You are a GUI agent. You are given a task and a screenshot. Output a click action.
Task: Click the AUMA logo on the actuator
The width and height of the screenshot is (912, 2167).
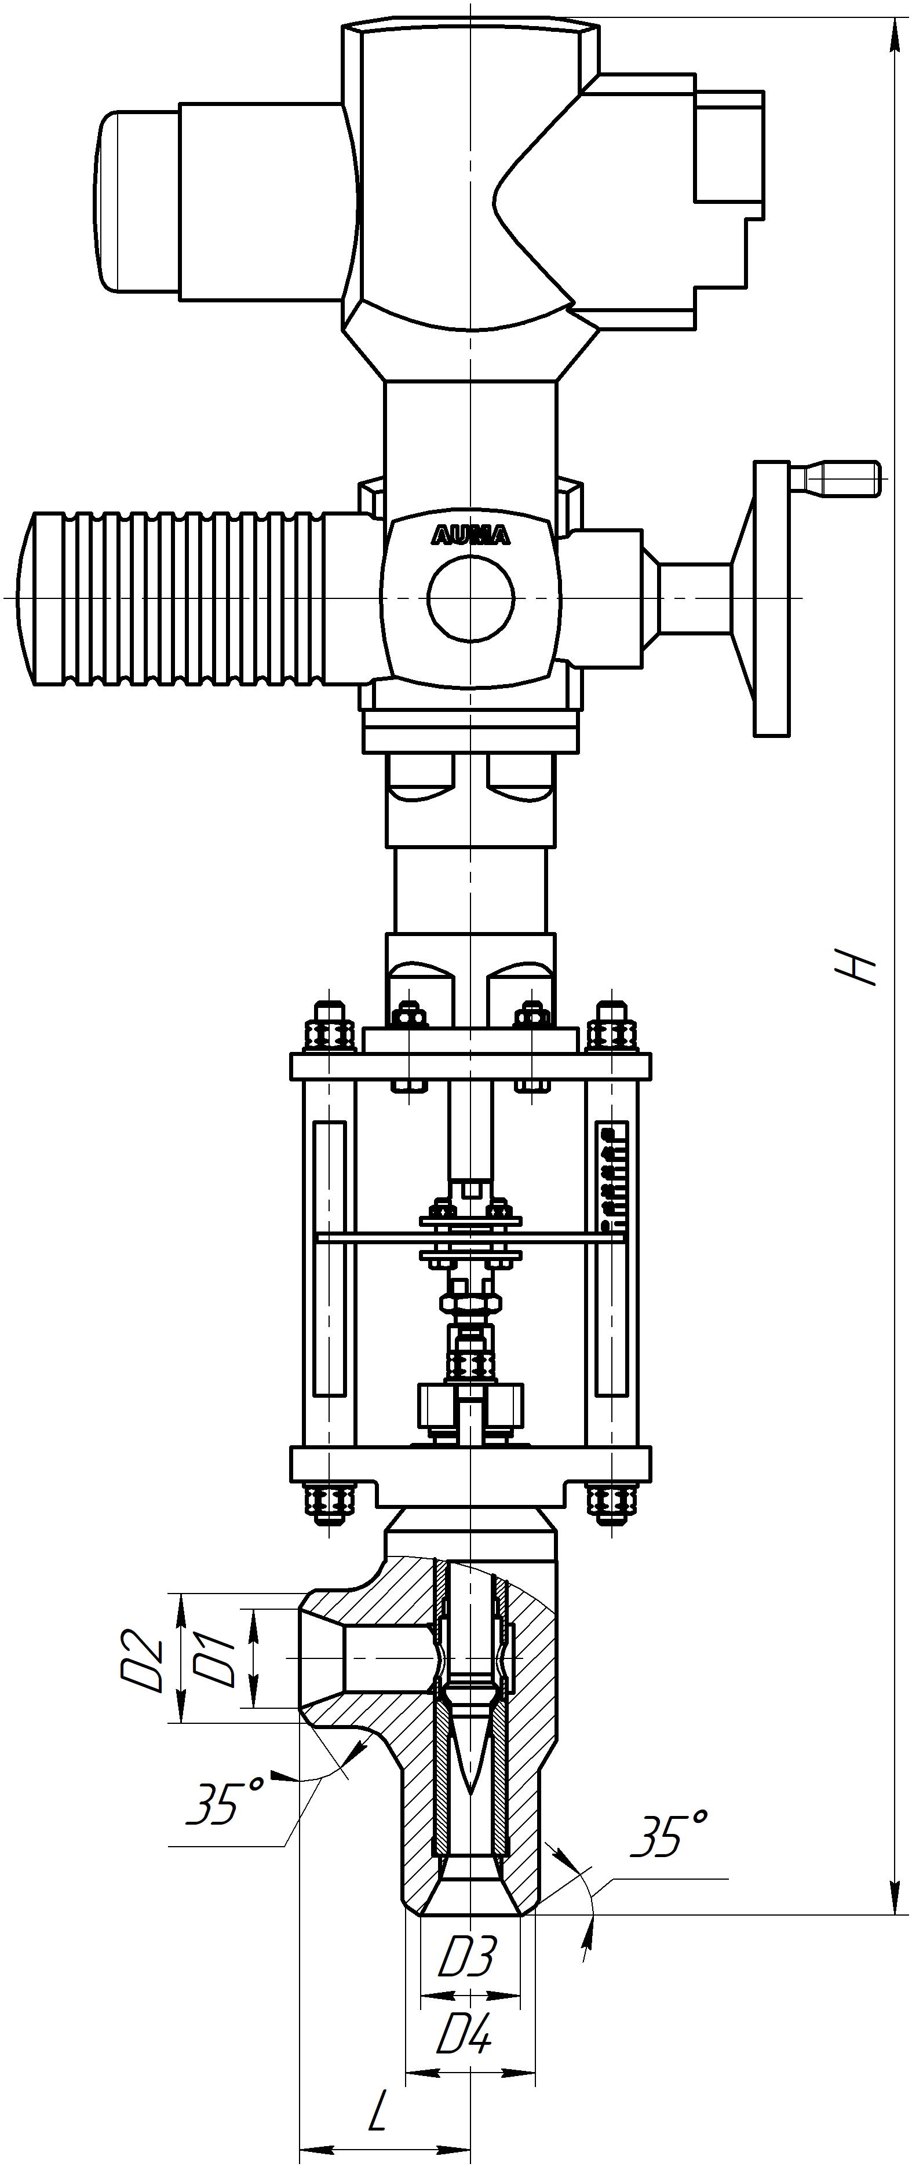coord(471,536)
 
